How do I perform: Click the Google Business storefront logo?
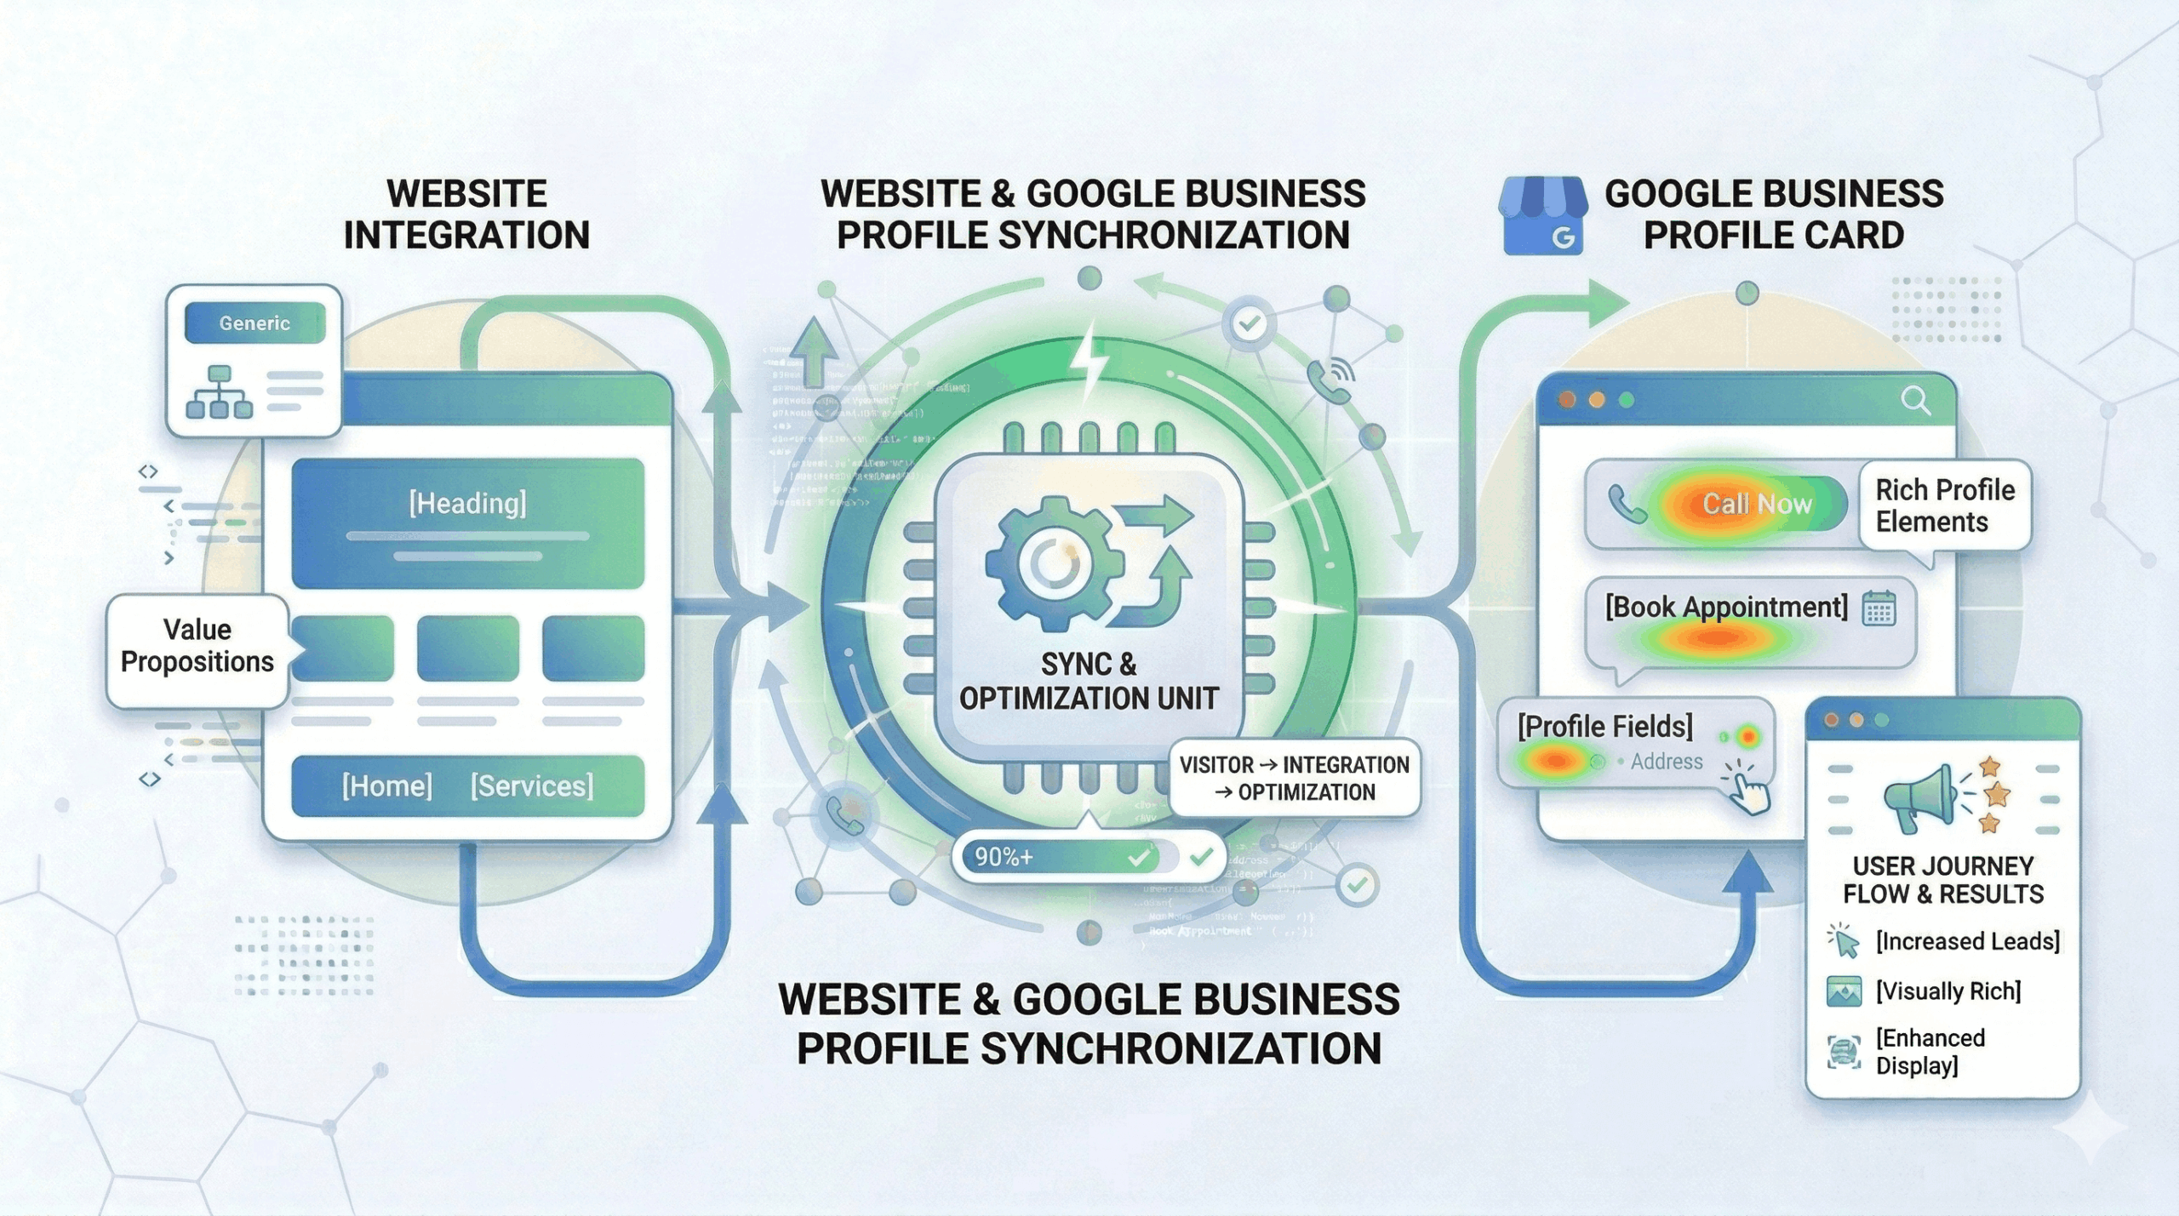pyautogui.click(x=1541, y=216)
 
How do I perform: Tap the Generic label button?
pyautogui.click(x=255, y=323)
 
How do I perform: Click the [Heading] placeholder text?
pyautogui.click(x=467, y=504)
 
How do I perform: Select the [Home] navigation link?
pyautogui.click(x=387, y=785)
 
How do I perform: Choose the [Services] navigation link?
pyautogui.click(x=532, y=785)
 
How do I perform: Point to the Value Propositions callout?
pyautogui.click(x=197, y=646)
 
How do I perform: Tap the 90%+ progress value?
pyautogui.click(x=1004, y=857)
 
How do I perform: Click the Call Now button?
pyautogui.click(x=1757, y=505)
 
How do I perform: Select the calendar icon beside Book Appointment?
pyautogui.click(x=1879, y=608)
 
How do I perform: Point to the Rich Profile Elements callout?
pyautogui.click(x=1945, y=505)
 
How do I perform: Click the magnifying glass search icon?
pyautogui.click(x=1915, y=399)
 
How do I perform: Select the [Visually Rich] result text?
pyautogui.click(x=1948, y=991)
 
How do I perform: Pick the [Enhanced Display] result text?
pyautogui.click(x=1930, y=1052)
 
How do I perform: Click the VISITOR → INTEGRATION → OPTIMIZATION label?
pyautogui.click(x=1294, y=779)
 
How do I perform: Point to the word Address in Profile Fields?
pyautogui.click(x=1666, y=762)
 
